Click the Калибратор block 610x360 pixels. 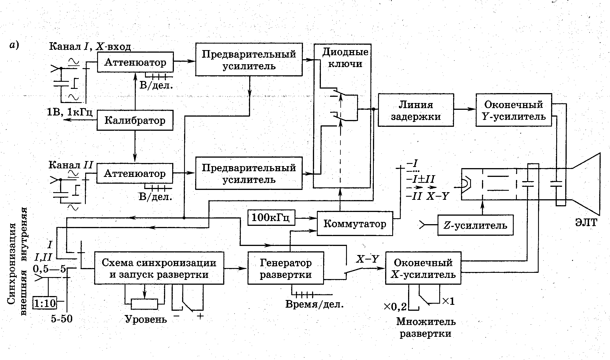[135, 121]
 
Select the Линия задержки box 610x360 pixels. [416, 110]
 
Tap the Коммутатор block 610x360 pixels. [355, 224]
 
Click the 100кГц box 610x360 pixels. [271, 218]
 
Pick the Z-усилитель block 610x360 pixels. [475, 225]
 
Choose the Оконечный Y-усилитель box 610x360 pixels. [513, 110]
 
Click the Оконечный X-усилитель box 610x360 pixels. [423, 268]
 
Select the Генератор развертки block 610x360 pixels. [285, 268]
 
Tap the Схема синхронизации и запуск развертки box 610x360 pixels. [159, 268]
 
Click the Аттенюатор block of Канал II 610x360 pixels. [135, 173]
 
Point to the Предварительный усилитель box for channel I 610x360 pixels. [249, 60]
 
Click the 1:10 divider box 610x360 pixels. [45, 303]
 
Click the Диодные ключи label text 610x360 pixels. [345, 58]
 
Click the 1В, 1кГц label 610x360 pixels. [70, 112]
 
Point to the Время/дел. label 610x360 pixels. [314, 304]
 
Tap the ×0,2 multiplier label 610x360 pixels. [395, 306]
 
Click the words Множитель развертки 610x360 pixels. [426, 327]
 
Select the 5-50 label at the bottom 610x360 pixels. [62, 319]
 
